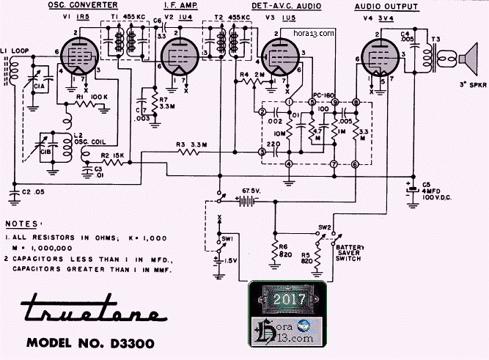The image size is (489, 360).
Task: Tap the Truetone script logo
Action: [x=92, y=312]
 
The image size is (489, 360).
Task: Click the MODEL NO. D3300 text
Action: [x=92, y=343]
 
